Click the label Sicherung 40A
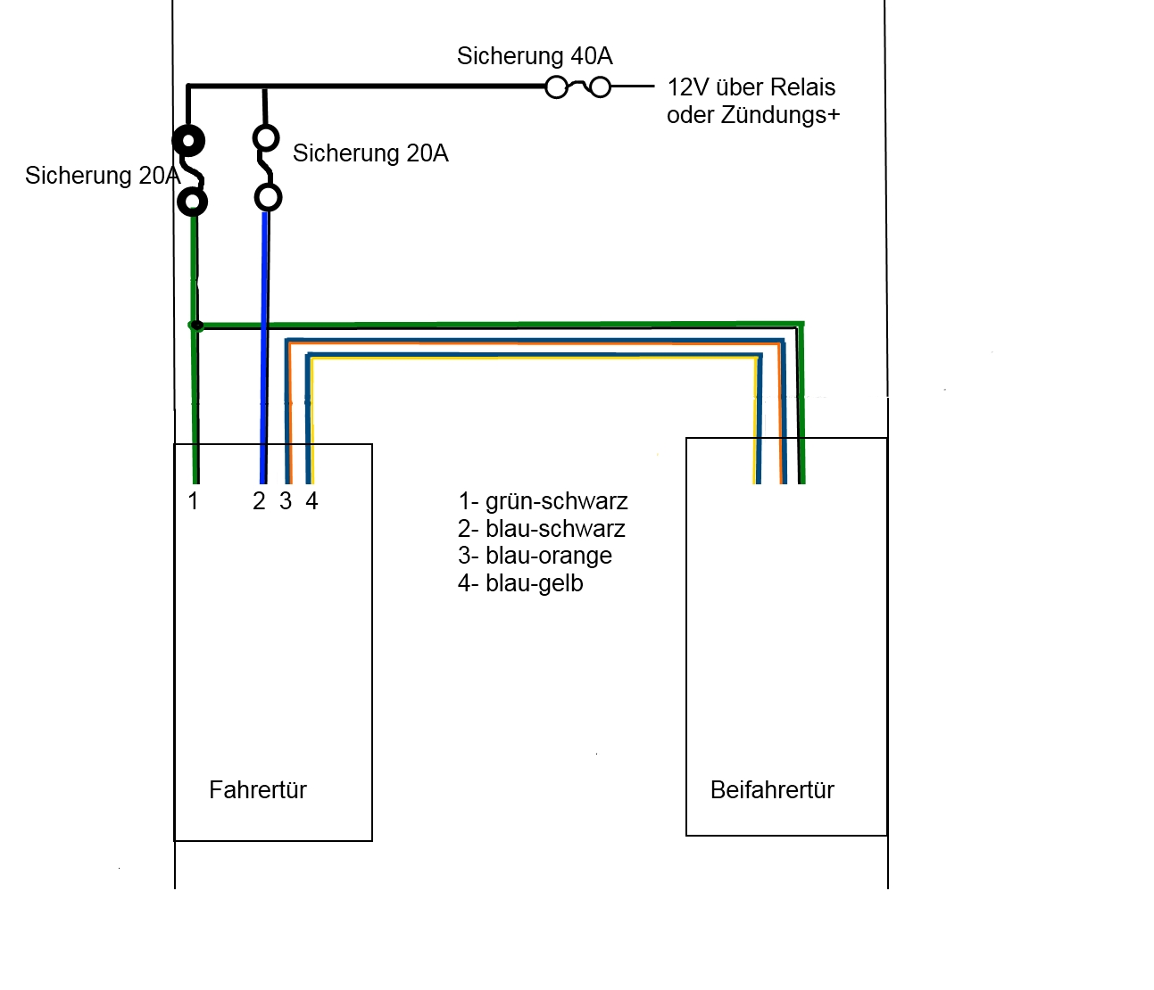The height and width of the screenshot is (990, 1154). (535, 56)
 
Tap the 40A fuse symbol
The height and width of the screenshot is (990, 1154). (578, 87)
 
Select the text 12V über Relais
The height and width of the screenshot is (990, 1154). (751, 87)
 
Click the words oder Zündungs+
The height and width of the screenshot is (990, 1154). (753, 115)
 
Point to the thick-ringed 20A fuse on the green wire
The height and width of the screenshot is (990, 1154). (190, 170)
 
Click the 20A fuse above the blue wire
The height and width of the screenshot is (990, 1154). (267, 168)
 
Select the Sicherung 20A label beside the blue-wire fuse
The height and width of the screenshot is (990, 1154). (370, 153)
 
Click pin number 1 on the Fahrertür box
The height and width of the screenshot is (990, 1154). (193, 501)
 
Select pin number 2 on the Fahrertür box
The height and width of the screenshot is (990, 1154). (259, 501)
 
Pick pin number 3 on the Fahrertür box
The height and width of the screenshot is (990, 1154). (286, 501)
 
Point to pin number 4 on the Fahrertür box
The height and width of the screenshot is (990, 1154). (311, 501)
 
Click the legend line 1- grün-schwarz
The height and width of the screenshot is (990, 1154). (543, 501)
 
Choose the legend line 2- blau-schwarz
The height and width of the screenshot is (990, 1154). (542, 529)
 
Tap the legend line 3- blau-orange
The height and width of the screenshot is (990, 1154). (535, 556)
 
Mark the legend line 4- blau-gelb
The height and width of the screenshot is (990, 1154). (520, 583)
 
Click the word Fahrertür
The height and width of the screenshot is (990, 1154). (258, 790)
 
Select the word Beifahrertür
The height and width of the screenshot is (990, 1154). (772, 790)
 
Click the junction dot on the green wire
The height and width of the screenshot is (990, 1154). (197, 326)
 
